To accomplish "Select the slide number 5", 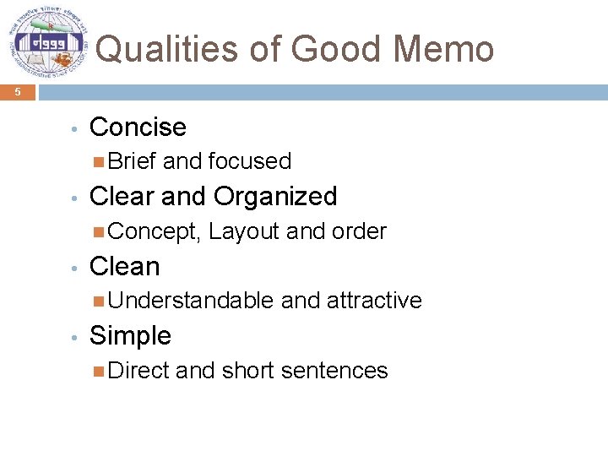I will point(18,93).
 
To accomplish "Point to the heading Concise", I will point(138,128).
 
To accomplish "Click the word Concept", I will point(155,231).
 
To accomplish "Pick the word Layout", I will point(244,231).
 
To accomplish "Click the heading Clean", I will point(124,267).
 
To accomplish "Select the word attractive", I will point(374,301).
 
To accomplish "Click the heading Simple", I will point(130,336).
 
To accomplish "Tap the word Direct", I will point(138,371).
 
